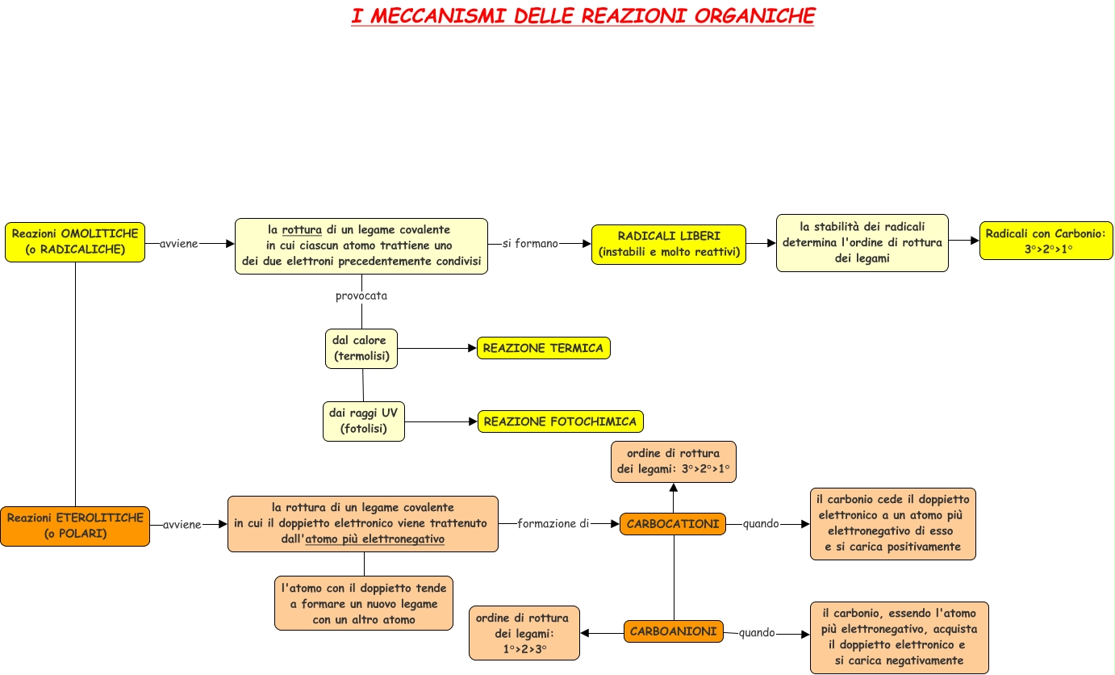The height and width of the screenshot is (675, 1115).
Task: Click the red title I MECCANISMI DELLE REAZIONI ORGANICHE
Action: pyautogui.click(x=583, y=16)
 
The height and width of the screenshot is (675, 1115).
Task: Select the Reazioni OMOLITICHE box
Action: pyautogui.click(x=75, y=242)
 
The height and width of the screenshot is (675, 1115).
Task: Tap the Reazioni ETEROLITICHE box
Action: pyautogui.click(x=75, y=526)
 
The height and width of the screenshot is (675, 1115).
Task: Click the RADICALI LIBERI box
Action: pyautogui.click(x=668, y=244)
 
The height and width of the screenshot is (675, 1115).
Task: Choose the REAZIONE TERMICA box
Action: pyautogui.click(x=543, y=348)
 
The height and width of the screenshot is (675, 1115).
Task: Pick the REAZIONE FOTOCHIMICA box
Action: pyautogui.click(x=560, y=421)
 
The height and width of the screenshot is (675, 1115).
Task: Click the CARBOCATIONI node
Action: pyautogui.click(x=673, y=524)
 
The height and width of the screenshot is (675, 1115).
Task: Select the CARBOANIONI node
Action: pyautogui.click(x=673, y=631)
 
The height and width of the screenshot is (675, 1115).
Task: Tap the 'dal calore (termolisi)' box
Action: pyautogui.click(x=361, y=348)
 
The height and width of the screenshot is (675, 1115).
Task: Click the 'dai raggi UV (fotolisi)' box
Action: pyautogui.click(x=363, y=421)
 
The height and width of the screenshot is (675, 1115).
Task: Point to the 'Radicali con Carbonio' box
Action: pyautogui.click(x=1046, y=241)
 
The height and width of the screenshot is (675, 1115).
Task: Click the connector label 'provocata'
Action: pyautogui.click(x=361, y=296)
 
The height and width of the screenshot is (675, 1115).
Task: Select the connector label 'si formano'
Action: pyautogui.click(x=530, y=243)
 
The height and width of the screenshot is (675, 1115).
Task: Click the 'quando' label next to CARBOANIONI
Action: pyautogui.click(x=757, y=633)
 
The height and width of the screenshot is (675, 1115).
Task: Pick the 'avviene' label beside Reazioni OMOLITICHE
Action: pyautogui.click(x=178, y=243)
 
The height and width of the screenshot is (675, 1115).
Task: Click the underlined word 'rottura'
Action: pyautogui.click(x=302, y=229)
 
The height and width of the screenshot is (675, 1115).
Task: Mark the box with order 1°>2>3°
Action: pyautogui.click(x=524, y=633)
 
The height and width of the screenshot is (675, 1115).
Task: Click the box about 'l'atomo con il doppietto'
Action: pyautogui.click(x=363, y=603)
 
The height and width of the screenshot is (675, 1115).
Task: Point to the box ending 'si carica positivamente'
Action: pyautogui.click(x=892, y=524)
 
